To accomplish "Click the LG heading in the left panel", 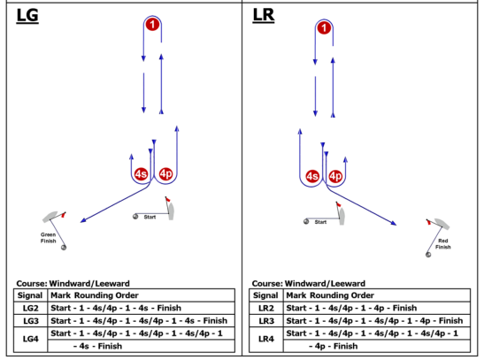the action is click(x=27, y=16).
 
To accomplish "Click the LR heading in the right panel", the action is click(x=264, y=15).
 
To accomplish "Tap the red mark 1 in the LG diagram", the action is click(x=152, y=25).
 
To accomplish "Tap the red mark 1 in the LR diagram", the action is click(x=324, y=28).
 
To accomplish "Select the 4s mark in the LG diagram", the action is click(x=141, y=174).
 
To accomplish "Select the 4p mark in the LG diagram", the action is click(x=165, y=174).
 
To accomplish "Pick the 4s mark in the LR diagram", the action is click(x=312, y=176).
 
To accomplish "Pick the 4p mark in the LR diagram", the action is click(x=335, y=176).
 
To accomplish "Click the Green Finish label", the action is click(x=48, y=238).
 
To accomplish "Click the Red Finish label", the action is click(x=443, y=244).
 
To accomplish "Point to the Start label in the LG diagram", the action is click(x=150, y=218).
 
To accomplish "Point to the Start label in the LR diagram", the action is click(x=320, y=222).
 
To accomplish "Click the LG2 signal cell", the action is click(x=31, y=308).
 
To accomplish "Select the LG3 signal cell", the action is click(x=31, y=321).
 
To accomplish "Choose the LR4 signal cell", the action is click(x=266, y=339).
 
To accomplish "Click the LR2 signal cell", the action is click(x=266, y=308).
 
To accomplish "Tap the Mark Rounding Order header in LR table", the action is click(x=330, y=295).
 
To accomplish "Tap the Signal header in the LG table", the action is click(x=30, y=295).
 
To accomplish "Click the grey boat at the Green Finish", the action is click(x=50, y=217).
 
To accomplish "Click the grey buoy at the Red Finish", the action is click(x=428, y=255).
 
